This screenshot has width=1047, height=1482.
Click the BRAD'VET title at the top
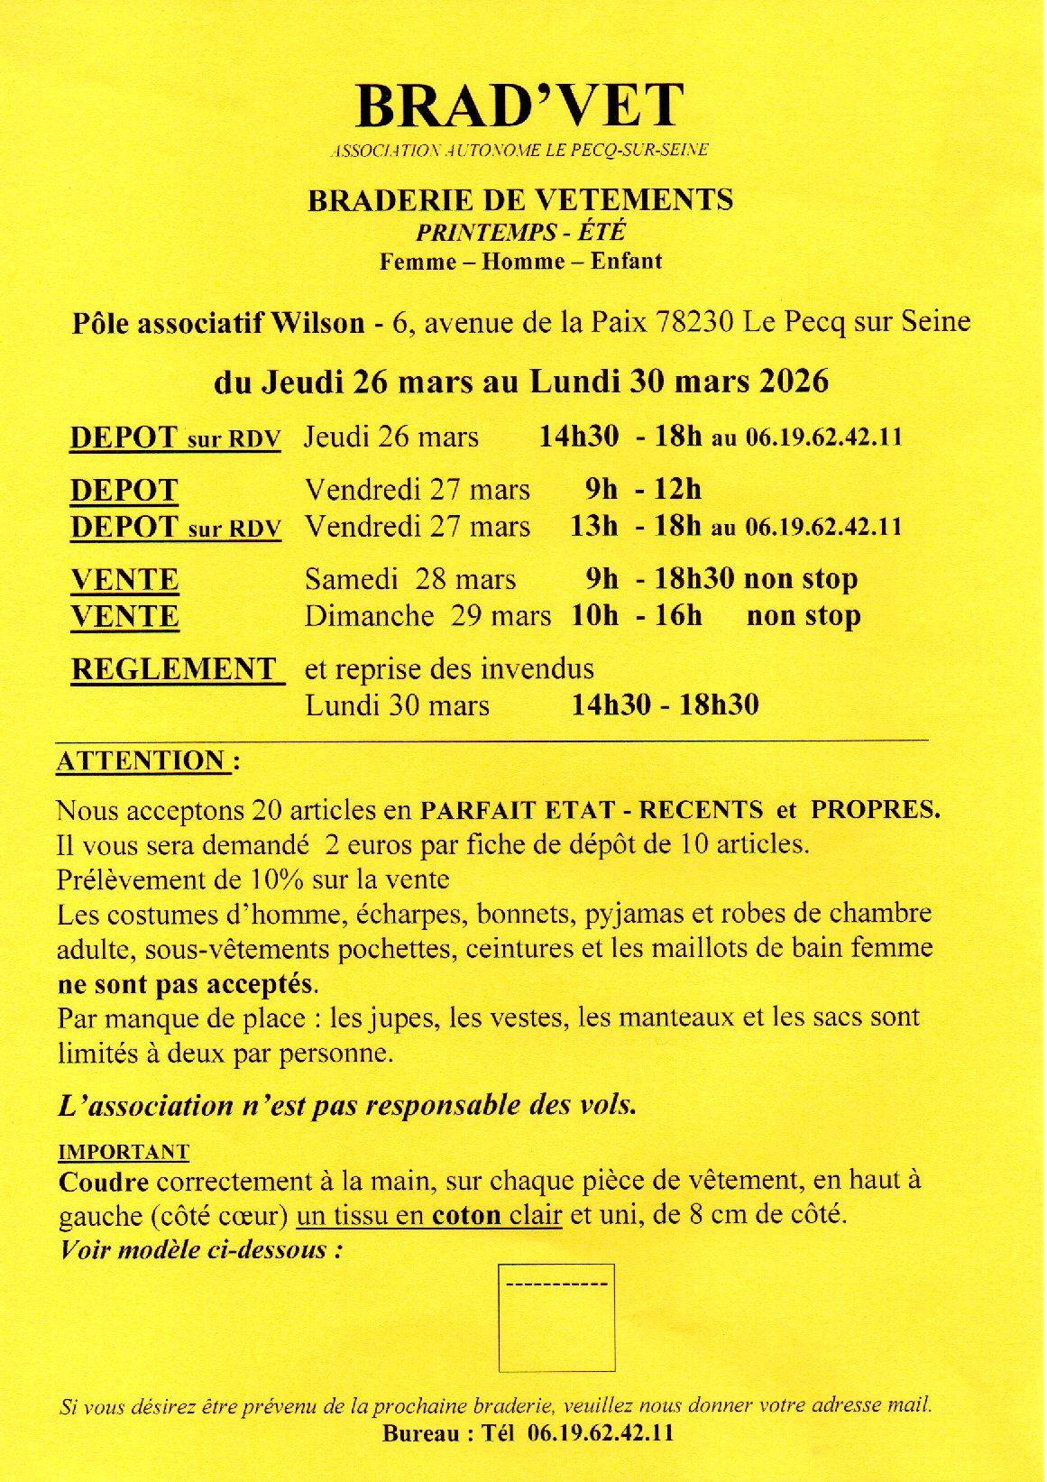point(520,106)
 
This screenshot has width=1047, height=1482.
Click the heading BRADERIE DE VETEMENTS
point(520,199)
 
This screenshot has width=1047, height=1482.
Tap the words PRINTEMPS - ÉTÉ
point(520,232)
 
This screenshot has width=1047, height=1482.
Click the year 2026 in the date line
point(794,382)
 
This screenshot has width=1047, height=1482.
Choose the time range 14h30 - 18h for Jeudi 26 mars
point(620,437)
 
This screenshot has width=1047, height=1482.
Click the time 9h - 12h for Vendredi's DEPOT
point(643,490)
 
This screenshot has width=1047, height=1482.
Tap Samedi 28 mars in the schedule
point(409,579)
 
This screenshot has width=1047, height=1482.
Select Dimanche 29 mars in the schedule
point(427,616)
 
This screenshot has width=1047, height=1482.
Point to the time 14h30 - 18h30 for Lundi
point(665,704)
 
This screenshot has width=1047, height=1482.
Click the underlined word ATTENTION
point(141,761)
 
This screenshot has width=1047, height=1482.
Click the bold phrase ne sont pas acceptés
point(187,983)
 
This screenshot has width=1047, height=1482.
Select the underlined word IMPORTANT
point(124,1152)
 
